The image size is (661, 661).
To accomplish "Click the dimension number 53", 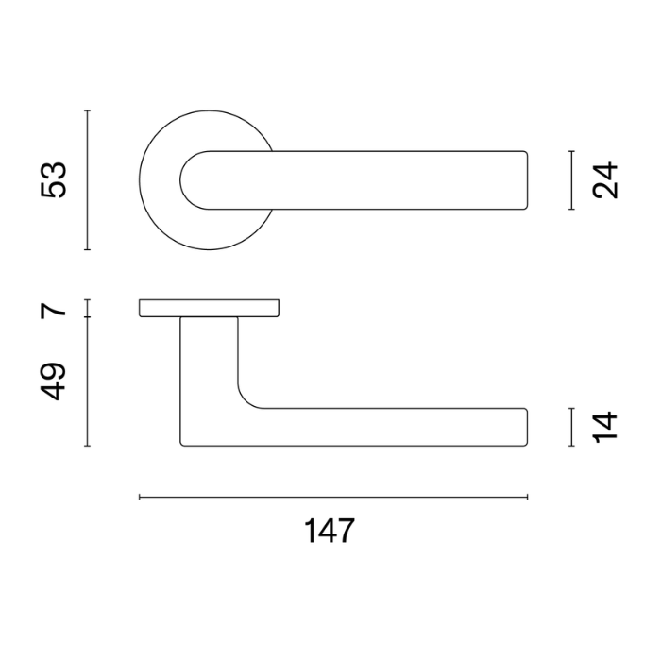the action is (54, 180).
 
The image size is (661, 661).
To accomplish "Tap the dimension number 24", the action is (605, 180).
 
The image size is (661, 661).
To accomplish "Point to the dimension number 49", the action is (54, 381).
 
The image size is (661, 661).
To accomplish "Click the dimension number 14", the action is (605, 427).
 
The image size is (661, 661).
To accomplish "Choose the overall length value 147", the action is (330, 531).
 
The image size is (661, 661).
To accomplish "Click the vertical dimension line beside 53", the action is (87, 180).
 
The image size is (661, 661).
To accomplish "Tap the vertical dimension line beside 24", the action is (571, 180).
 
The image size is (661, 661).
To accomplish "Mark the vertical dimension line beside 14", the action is (571, 427).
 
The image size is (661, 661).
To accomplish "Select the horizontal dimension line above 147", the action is (333, 498).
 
